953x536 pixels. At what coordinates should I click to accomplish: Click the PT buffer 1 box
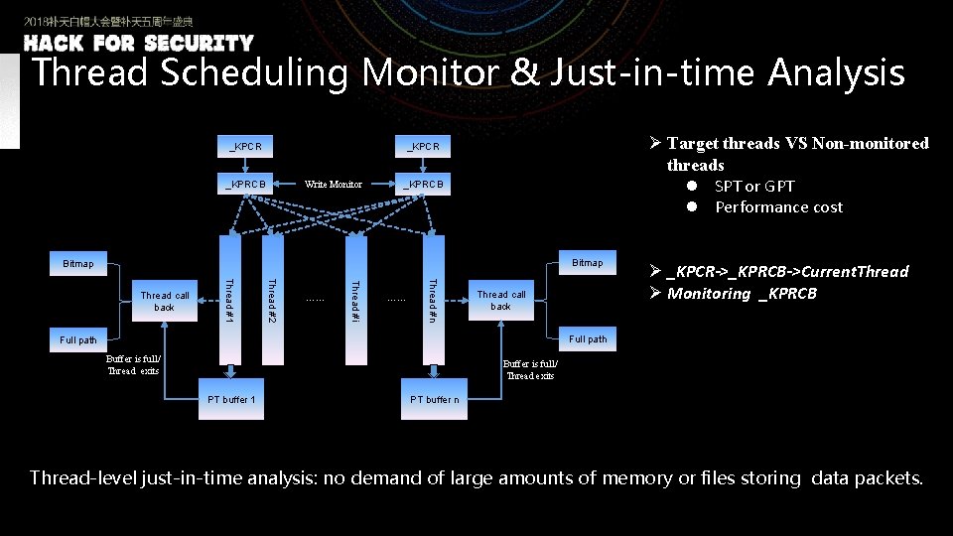click(231, 400)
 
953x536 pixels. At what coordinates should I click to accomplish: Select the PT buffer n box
click(434, 400)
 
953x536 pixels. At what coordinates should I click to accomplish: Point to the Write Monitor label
click(333, 184)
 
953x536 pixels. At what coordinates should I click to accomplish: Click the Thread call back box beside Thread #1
click(164, 301)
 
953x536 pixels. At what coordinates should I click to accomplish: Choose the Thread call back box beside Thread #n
click(501, 300)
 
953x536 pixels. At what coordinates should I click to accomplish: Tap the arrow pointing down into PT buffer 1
click(231, 369)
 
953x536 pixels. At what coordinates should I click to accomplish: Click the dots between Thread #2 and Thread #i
click(314, 298)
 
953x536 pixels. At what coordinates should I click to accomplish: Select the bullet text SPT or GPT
click(754, 187)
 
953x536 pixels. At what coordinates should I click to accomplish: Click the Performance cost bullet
click(778, 207)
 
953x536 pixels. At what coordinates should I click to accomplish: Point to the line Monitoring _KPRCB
click(742, 294)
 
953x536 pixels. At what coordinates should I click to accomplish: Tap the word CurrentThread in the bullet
click(855, 271)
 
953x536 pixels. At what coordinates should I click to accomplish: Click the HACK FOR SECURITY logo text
click(139, 44)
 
